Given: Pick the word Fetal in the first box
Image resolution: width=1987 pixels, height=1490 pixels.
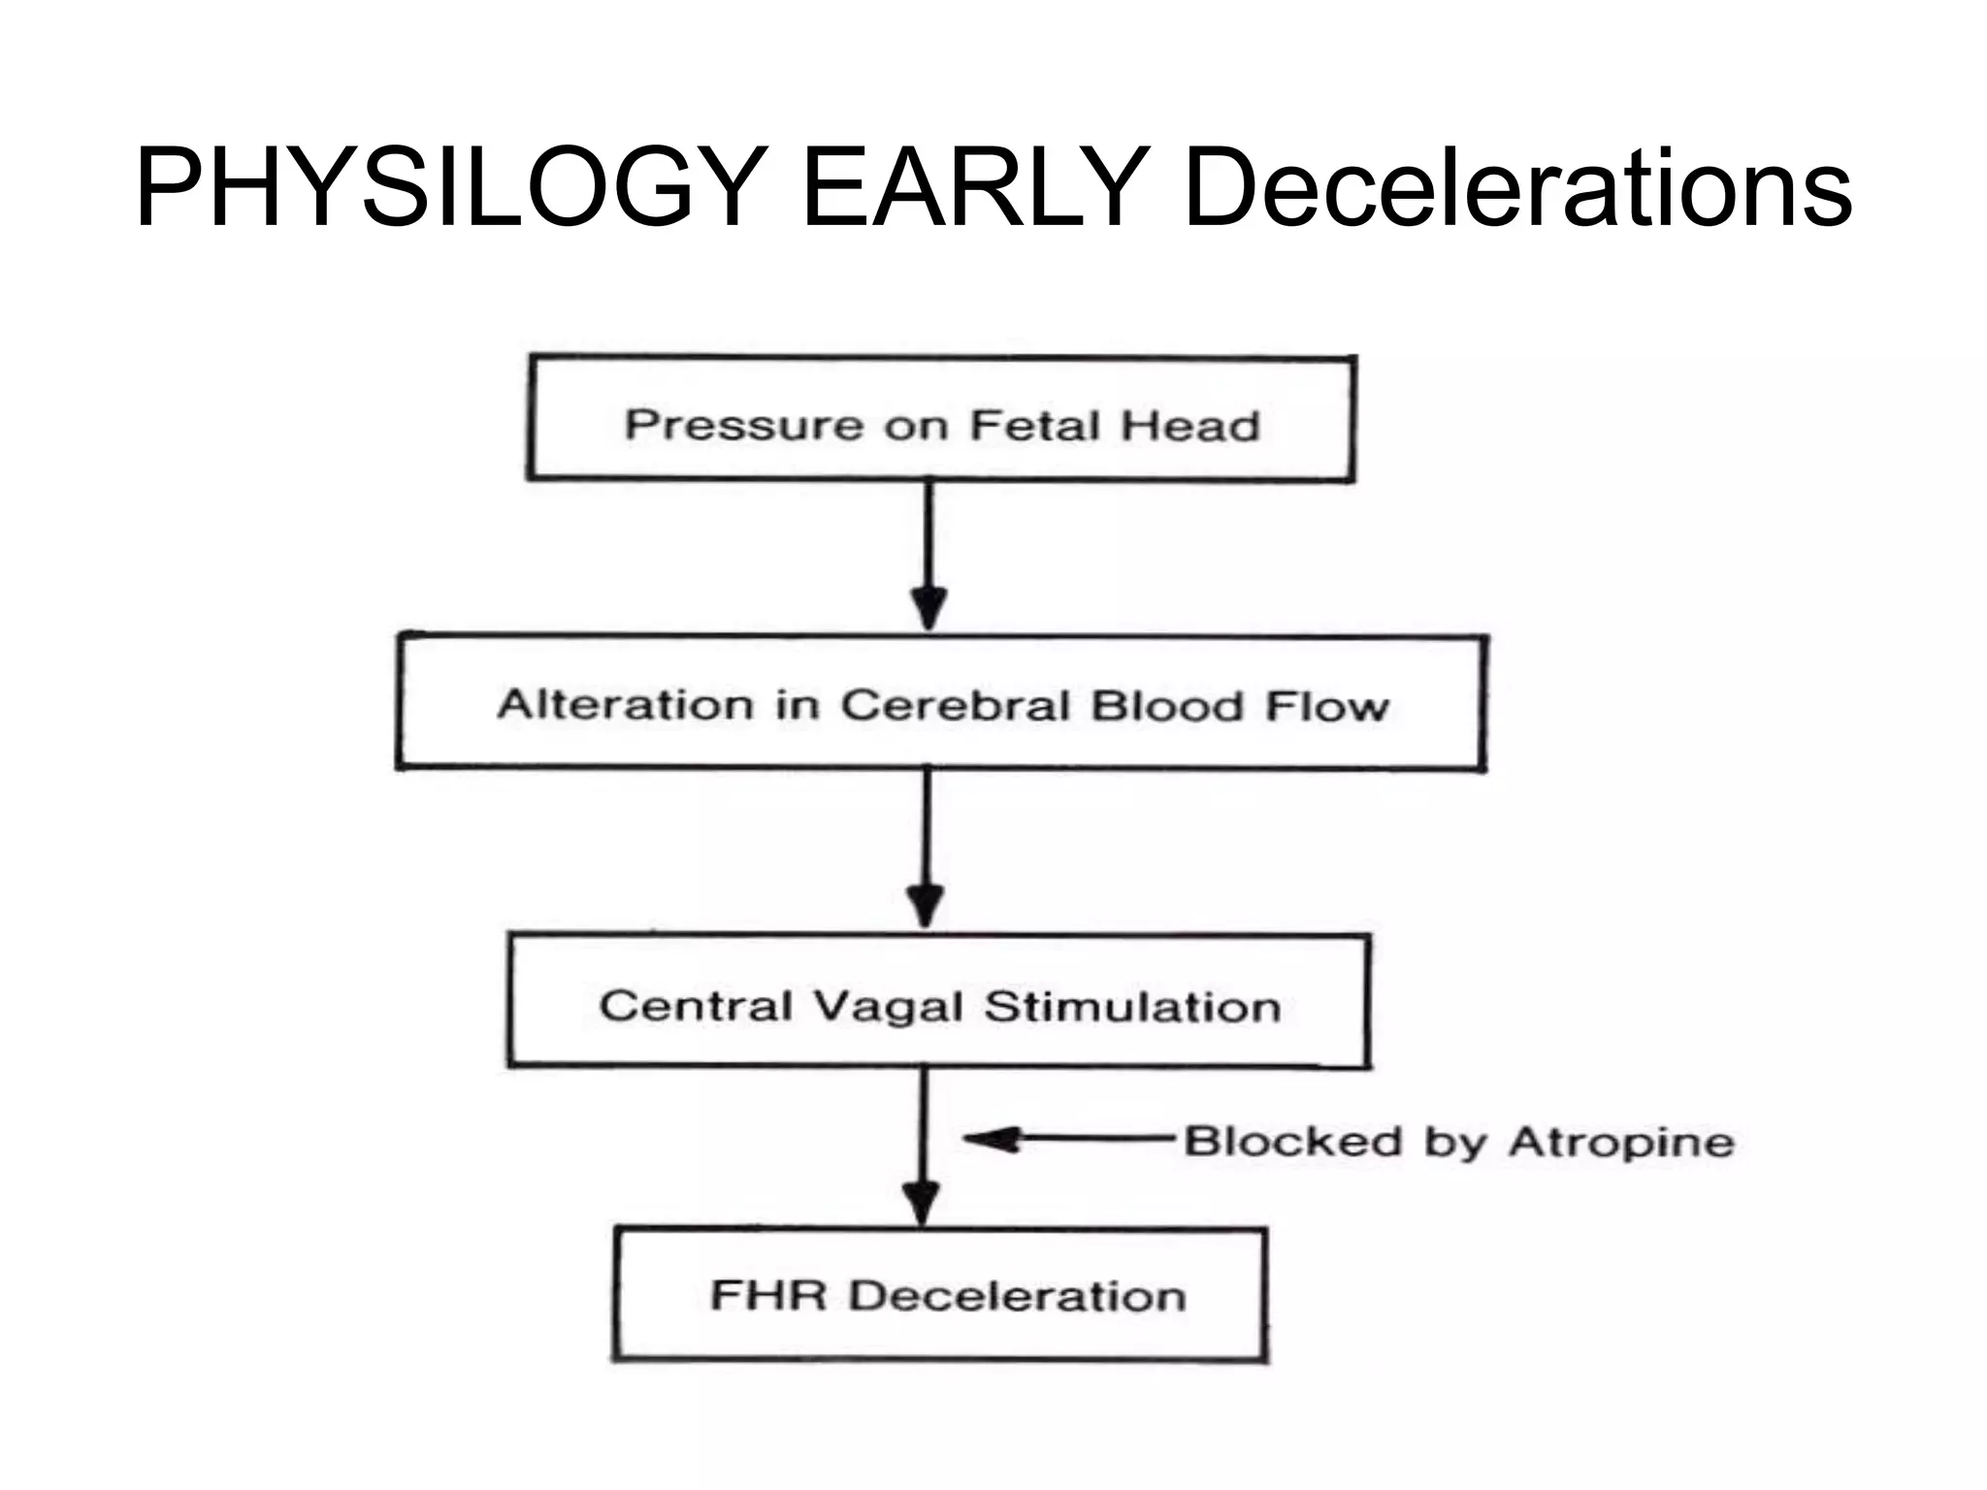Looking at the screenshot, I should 1035,426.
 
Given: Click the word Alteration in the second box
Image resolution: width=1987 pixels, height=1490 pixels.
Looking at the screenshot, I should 625,705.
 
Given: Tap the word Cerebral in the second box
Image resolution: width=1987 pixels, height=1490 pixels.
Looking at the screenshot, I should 957,705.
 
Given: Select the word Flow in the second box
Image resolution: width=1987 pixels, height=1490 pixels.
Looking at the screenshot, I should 1327,707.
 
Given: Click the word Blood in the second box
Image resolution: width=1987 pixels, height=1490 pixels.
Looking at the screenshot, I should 1166,706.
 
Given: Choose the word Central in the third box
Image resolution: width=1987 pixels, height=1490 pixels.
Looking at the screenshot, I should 696,1006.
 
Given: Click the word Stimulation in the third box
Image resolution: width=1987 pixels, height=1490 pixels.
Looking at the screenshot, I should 1132,1007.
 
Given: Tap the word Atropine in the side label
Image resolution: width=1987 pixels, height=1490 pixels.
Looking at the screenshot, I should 1621,1143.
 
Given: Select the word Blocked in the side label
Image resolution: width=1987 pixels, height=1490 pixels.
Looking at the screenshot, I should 1293,1142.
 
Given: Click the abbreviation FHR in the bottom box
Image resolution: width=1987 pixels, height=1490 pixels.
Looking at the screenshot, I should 768,1295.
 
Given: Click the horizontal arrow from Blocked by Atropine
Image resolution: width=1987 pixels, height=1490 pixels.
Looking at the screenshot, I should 1067,1140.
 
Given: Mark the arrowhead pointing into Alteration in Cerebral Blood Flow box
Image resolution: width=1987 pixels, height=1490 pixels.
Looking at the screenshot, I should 929,609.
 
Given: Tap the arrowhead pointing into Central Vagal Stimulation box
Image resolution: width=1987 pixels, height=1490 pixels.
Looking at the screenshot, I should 927,907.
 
